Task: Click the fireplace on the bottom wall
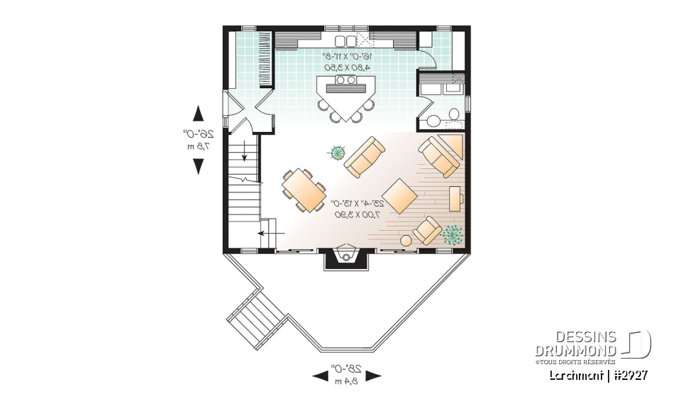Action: pyautogui.click(x=345, y=257)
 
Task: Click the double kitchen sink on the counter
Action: pyautogui.click(x=345, y=40)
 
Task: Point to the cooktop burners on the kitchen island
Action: pyautogui.click(x=345, y=81)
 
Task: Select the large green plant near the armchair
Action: pyautogui.click(x=451, y=234)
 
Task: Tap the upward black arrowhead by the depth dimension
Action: pyautogui.click(x=199, y=113)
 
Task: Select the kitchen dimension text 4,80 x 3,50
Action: pyautogui.click(x=348, y=67)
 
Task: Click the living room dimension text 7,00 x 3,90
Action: pyautogui.click(x=358, y=214)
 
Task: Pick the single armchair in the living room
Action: pyautogui.click(x=428, y=230)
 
